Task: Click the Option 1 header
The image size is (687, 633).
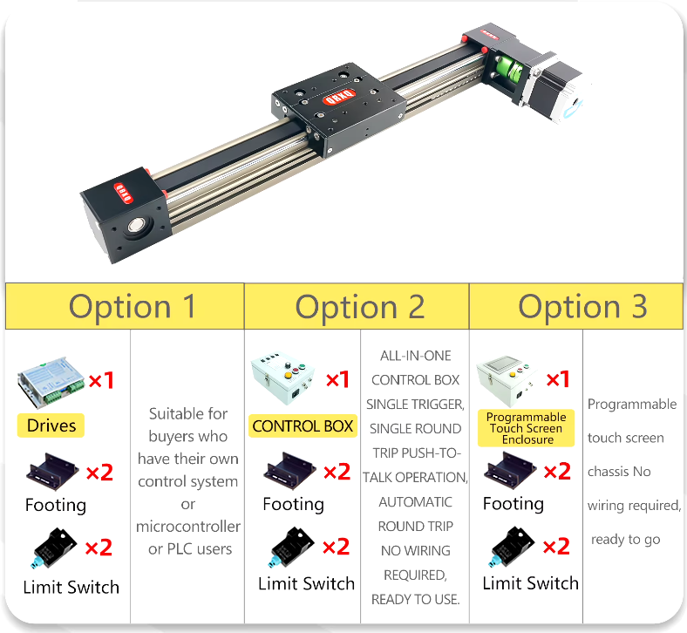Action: pyautogui.click(x=132, y=307)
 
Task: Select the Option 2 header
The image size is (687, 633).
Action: pyautogui.click(x=359, y=307)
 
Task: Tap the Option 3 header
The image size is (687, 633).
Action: pyautogui.click(x=582, y=307)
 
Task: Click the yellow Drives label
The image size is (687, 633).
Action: pyautogui.click(x=51, y=425)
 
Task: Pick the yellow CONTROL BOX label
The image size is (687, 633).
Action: pyautogui.click(x=303, y=425)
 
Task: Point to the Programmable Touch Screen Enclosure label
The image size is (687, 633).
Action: pyautogui.click(x=527, y=428)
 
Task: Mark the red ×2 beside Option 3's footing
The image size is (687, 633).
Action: pyautogui.click(x=556, y=471)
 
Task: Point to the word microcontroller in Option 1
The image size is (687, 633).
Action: pyautogui.click(x=188, y=527)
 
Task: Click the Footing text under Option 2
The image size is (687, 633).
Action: pyautogui.click(x=293, y=504)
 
